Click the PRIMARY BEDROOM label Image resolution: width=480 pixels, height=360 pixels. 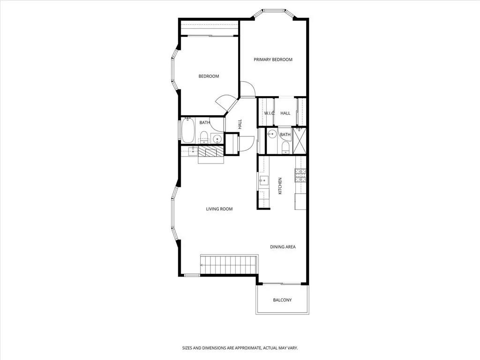pos(273,60)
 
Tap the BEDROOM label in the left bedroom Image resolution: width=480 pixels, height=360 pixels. pos(209,76)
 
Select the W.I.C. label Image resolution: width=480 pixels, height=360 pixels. pos(269,113)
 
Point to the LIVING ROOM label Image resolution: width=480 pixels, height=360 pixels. pos(219,209)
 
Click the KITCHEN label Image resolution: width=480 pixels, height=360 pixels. pos(280,186)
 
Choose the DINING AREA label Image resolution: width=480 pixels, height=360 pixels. pos(283,247)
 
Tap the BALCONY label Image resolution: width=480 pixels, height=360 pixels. pos(282,300)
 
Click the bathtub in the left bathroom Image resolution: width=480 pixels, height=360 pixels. pos(188,130)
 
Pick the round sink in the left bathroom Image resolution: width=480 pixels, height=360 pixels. pos(217,138)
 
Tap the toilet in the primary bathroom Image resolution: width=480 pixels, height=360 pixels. pos(285,147)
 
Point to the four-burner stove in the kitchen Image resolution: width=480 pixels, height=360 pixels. pos(300,175)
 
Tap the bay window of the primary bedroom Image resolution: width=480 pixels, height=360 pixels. pos(274,11)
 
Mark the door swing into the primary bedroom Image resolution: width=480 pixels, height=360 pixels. pos(247,90)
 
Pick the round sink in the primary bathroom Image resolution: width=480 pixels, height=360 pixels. pos(271,135)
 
